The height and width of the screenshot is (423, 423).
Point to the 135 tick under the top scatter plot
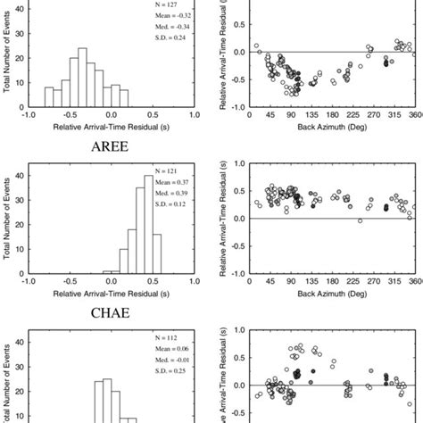[313, 116]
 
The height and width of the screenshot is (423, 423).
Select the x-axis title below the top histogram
[110, 128]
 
